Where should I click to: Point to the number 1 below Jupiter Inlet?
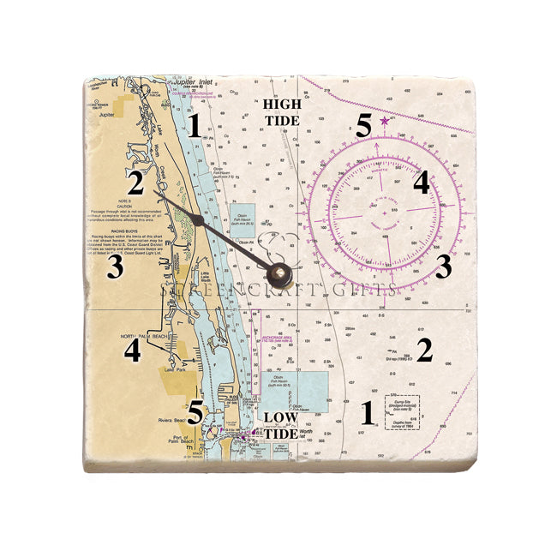coord(195,127)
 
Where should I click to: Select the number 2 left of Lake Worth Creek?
coord(136,183)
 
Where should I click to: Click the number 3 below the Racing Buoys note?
coord(115,268)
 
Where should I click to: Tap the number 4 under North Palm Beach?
coord(132,350)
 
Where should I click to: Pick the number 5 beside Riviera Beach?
coord(196,412)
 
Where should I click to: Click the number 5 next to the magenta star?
coord(363,127)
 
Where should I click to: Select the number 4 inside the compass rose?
coord(421,183)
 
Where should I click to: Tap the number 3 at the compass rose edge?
coord(443,267)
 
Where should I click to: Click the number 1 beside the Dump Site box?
coord(368,414)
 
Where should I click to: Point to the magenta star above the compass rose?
coord(384,123)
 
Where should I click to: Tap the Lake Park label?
coord(153,370)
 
